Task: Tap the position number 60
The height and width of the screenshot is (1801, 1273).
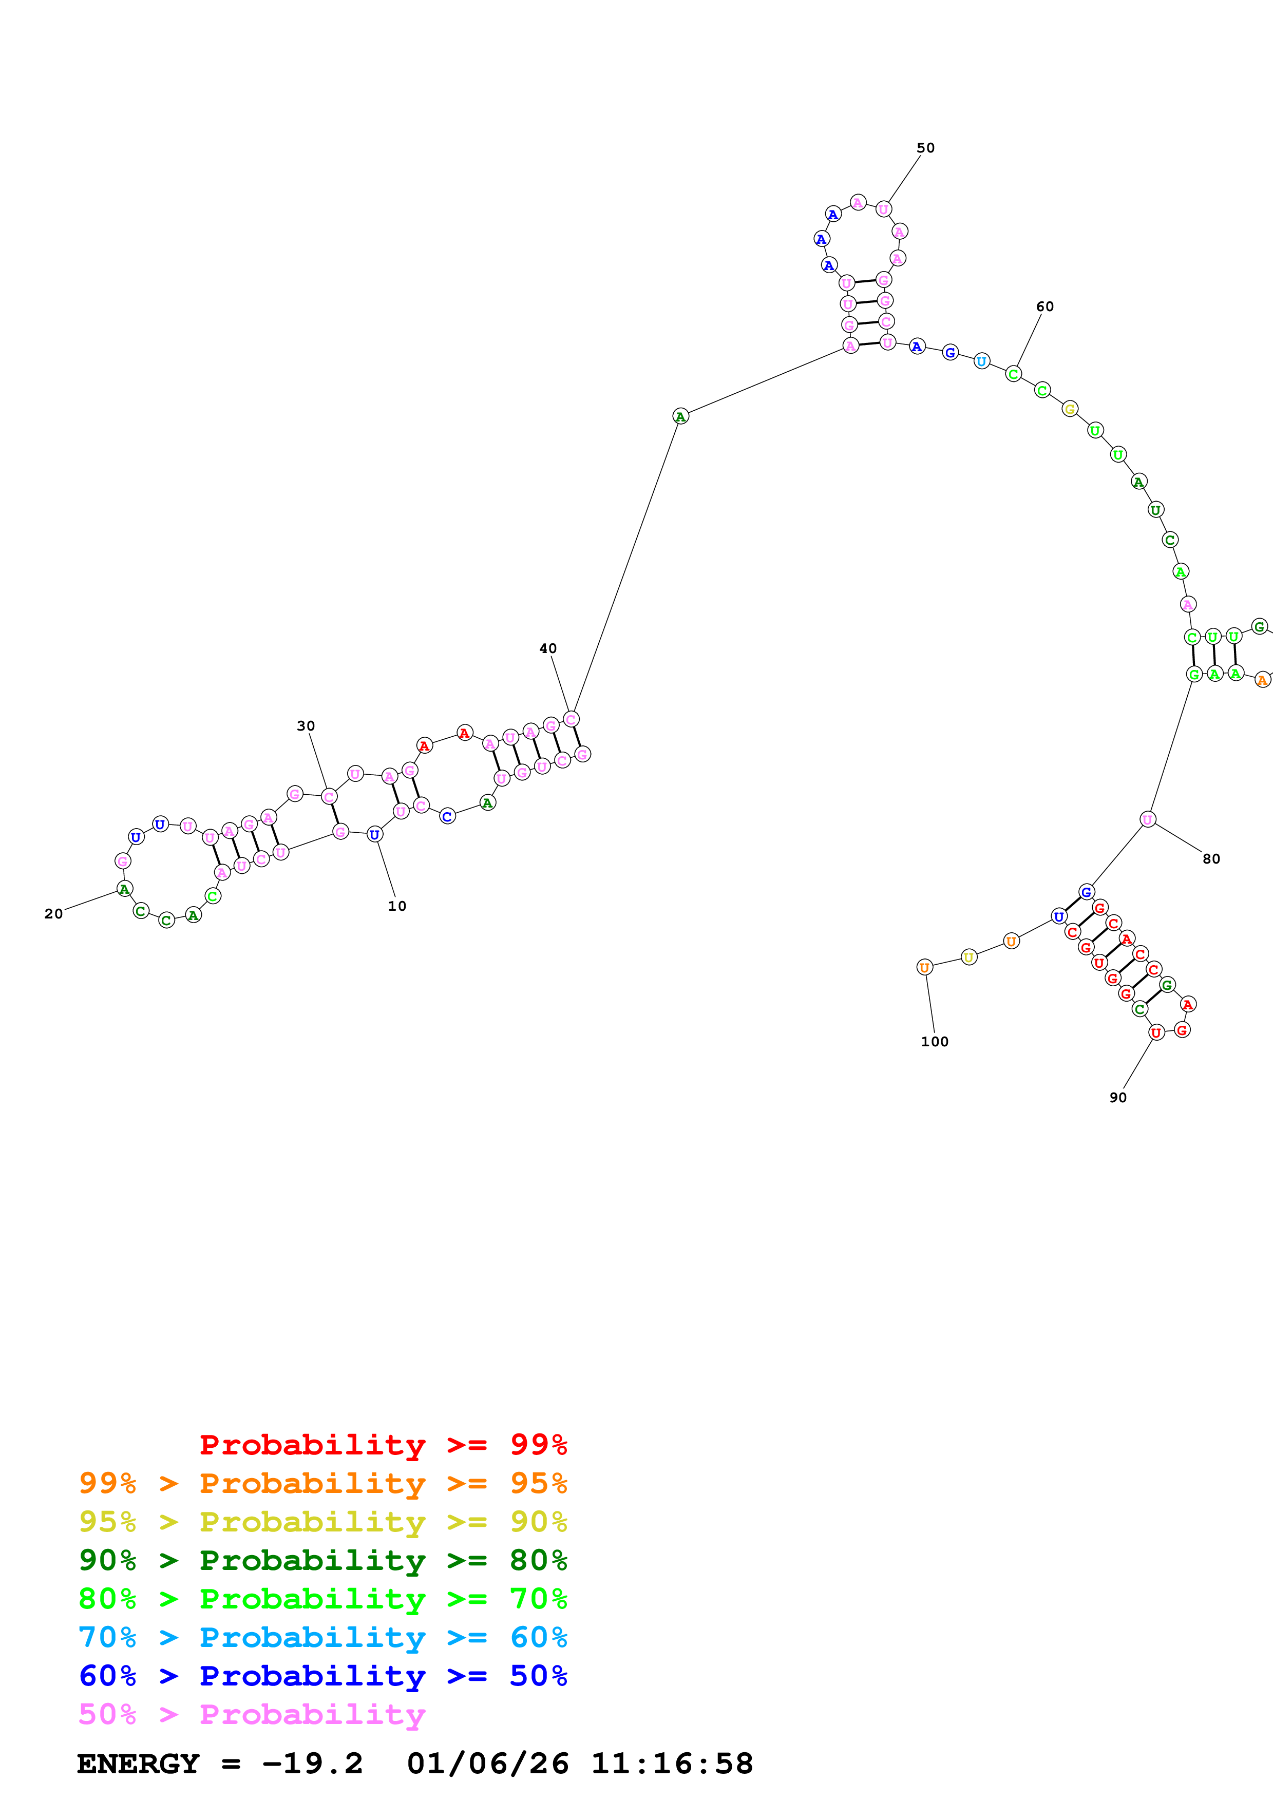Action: (1045, 306)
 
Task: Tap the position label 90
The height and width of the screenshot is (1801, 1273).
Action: (1118, 1097)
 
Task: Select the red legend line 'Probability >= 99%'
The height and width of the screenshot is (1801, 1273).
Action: (383, 1445)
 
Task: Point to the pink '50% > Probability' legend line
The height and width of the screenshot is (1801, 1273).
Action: (252, 1715)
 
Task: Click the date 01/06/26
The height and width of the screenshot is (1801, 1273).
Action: (487, 1764)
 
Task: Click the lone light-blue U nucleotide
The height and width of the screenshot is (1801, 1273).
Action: (981, 361)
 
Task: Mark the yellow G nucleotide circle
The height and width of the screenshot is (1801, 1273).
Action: (1070, 409)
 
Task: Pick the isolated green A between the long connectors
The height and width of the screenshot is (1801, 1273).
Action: (680, 416)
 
